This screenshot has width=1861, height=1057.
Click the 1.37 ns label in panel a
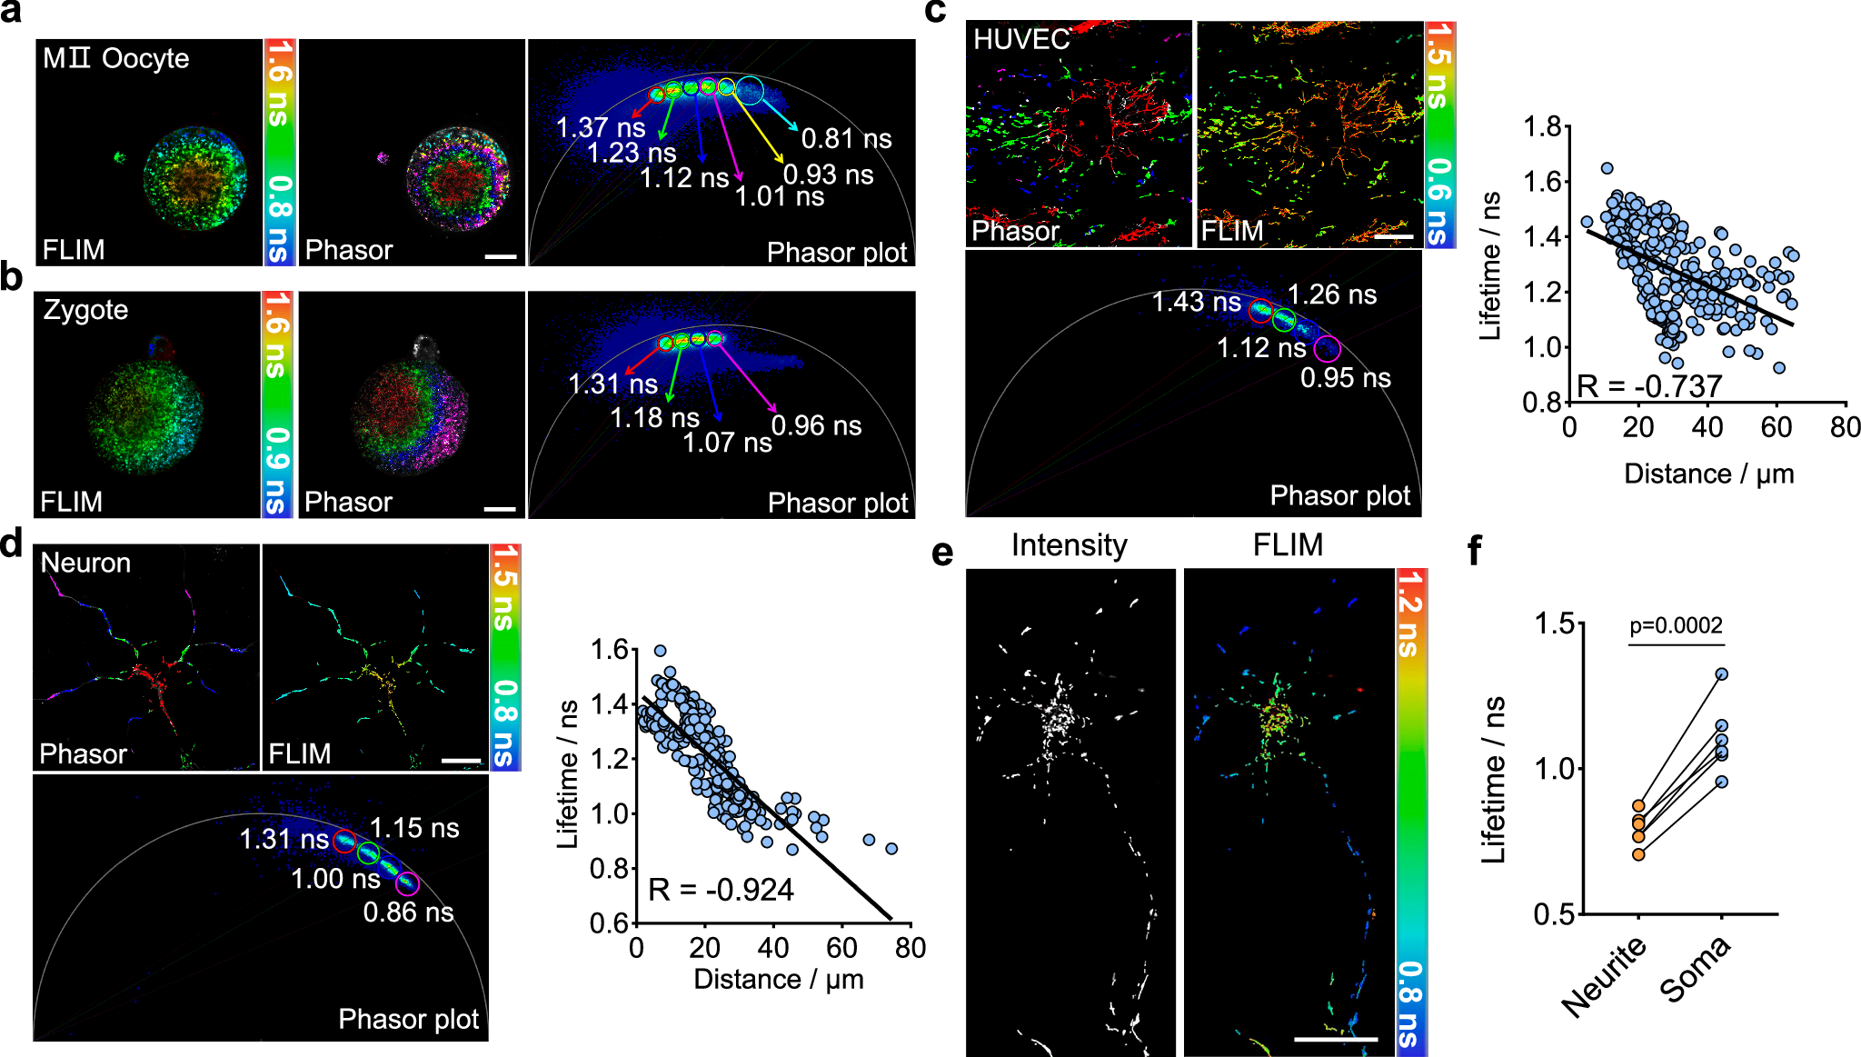[600, 127]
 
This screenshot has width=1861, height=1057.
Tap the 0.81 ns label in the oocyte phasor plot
[846, 139]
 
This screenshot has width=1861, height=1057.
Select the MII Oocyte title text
[115, 59]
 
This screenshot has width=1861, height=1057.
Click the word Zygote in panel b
[85, 310]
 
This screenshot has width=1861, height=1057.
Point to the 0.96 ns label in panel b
[816, 425]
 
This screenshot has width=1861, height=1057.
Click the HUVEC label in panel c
[1020, 39]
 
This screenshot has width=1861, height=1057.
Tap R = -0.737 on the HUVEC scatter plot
[1649, 386]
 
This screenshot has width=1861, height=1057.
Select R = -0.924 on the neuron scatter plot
[721, 890]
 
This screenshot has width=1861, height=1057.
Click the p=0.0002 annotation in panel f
[1676, 625]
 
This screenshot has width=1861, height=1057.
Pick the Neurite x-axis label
[1605, 976]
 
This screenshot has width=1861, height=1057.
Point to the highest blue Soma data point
[1721, 674]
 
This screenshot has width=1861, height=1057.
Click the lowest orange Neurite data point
[1638, 853]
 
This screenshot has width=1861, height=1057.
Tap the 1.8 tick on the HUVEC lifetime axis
[1542, 126]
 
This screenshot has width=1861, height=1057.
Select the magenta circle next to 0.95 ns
[1328, 347]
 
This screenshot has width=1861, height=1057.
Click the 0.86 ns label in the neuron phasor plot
[408, 912]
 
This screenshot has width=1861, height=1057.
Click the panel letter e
[942, 552]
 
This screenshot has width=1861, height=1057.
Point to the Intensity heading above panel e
[1069, 545]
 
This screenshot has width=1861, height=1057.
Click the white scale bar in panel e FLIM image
[1335, 1038]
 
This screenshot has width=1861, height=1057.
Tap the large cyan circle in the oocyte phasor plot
[750, 90]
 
